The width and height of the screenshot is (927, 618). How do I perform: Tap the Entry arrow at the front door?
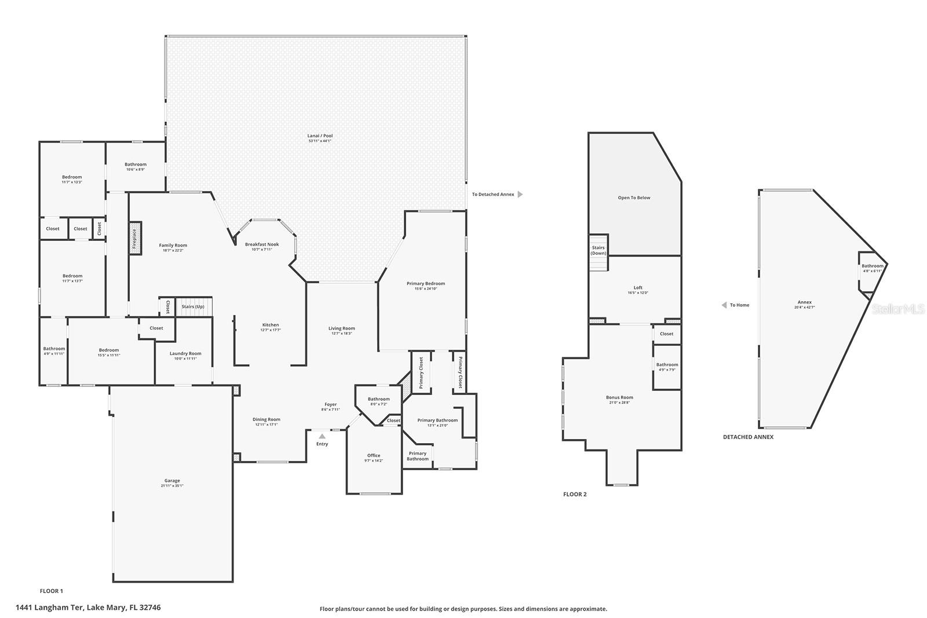[x=322, y=436]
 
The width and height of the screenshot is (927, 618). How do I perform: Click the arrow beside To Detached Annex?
[x=520, y=195]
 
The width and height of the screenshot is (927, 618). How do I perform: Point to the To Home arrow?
[x=724, y=305]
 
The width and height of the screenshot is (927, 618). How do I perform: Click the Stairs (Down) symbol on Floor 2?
[x=598, y=253]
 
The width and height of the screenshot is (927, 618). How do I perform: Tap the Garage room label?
[x=172, y=481]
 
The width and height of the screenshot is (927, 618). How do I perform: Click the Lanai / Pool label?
[x=320, y=136]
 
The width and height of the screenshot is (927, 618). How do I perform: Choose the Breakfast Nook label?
[x=262, y=244]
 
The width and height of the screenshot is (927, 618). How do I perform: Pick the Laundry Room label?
[x=185, y=353]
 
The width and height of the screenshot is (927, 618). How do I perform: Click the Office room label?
[x=374, y=455]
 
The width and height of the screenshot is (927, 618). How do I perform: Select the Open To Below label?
[x=634, y=198]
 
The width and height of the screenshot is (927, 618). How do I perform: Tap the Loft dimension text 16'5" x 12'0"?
[x=638, y=293]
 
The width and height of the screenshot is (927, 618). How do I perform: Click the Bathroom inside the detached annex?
[x=872, y=268]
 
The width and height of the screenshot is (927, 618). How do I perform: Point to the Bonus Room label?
[x=619, y=397]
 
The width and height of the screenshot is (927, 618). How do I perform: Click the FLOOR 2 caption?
[x=575, y=494]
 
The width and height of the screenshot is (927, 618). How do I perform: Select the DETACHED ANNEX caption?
[x=748, y=437]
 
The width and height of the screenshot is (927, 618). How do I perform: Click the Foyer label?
[x=330, y=404]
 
